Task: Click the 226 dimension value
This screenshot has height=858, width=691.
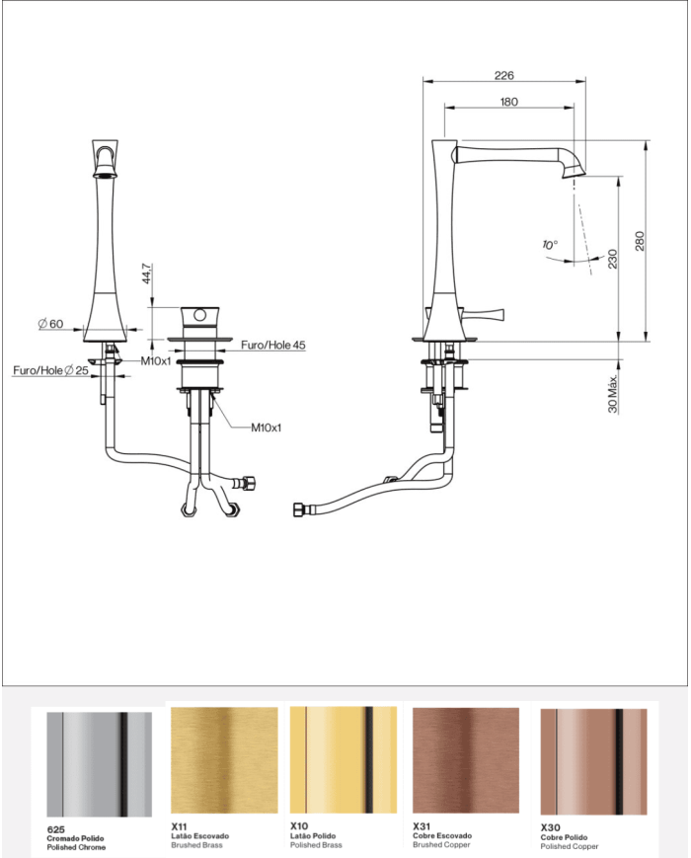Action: point(503,75)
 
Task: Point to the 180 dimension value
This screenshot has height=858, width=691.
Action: point(508,102)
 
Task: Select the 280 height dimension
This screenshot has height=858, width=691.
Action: point(639,241)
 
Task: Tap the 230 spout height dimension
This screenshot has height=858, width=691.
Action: point(612,259)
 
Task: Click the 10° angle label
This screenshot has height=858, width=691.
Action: point(550,244)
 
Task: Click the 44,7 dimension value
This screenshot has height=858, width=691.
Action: point(147,273)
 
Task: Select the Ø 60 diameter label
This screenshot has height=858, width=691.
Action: point(51,324)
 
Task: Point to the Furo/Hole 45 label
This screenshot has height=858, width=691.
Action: point(273,345)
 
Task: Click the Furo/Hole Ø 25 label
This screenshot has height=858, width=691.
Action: point(51,370)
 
